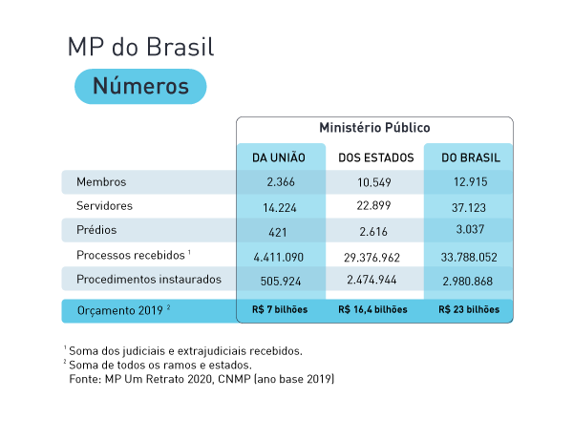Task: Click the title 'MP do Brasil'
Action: pyautogui.click(x=140, y=47)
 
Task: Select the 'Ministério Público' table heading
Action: pyautogui.click(x=374, y=127)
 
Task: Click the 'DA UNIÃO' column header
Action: pyautogui.click(x=278, y=157)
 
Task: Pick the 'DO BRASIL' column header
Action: pyautogui.click(x=468, y=157)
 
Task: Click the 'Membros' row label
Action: pyautogui.click(x=100, y=181)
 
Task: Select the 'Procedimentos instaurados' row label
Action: pyautogui.click(x=148, y=280)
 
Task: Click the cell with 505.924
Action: pyautogui.click(x=279, y=280)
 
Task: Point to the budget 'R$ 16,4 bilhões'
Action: pyautogui.click(x=372, y=310)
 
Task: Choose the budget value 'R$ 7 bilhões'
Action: pyautogui.click(x=278, y=310)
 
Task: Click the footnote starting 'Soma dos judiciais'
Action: pyautogui.click(x=185, y=350)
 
